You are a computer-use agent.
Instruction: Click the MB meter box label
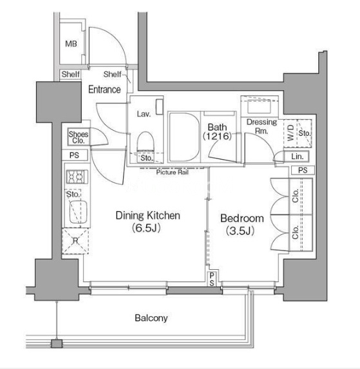(x=71, y=44)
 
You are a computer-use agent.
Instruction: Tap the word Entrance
(x=104, y=90)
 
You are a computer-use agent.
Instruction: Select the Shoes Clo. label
(x=79, y=137)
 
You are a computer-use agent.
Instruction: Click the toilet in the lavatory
(x=146, y=142)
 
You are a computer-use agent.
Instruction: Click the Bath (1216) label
(x=217, y=132)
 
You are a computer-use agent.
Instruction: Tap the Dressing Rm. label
(x=261, y=126)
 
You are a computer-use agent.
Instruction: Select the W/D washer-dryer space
(x=290, y=133)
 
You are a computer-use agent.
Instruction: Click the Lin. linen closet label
(x=297, y=156)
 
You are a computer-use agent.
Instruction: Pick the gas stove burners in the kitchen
(x=77, y=176)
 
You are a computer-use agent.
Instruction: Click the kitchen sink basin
(x=78, y=212)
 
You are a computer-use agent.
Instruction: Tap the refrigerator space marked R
(x=75, y=241)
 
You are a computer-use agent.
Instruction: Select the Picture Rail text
(x=173, y=172)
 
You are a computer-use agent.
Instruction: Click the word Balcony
(x=151, y=318)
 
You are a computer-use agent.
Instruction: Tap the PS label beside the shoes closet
(x=74, y=155)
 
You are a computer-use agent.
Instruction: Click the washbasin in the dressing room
(x=259, y=107)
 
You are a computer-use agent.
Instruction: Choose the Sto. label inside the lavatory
(x=146, y=158)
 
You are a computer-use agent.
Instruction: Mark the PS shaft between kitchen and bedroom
(x=212, y=279)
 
